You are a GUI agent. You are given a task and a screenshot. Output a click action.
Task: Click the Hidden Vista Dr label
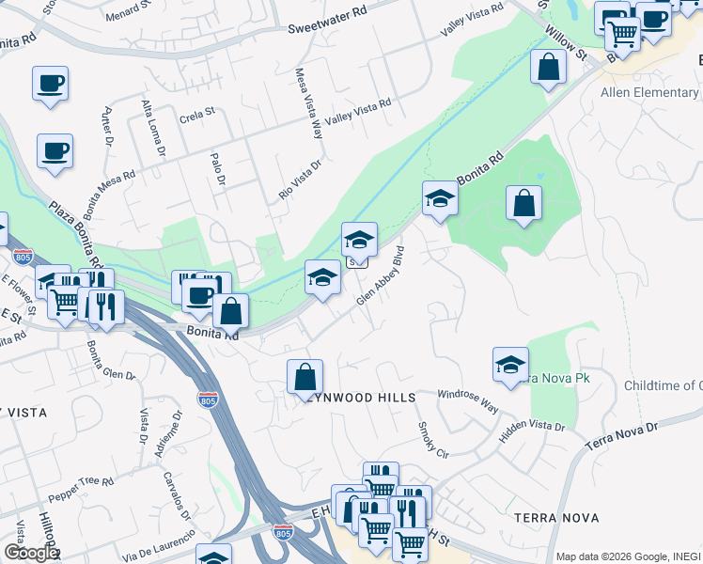point(532,427)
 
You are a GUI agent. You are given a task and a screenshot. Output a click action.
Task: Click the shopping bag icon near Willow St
point(548,67)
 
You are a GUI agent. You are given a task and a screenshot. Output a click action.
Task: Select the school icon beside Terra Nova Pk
point(510,365)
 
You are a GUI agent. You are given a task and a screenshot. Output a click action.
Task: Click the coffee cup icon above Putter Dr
point(50,83)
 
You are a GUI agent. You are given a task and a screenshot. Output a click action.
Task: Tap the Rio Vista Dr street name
point(300,179)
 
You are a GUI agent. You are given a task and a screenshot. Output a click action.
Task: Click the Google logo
point(30,553)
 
